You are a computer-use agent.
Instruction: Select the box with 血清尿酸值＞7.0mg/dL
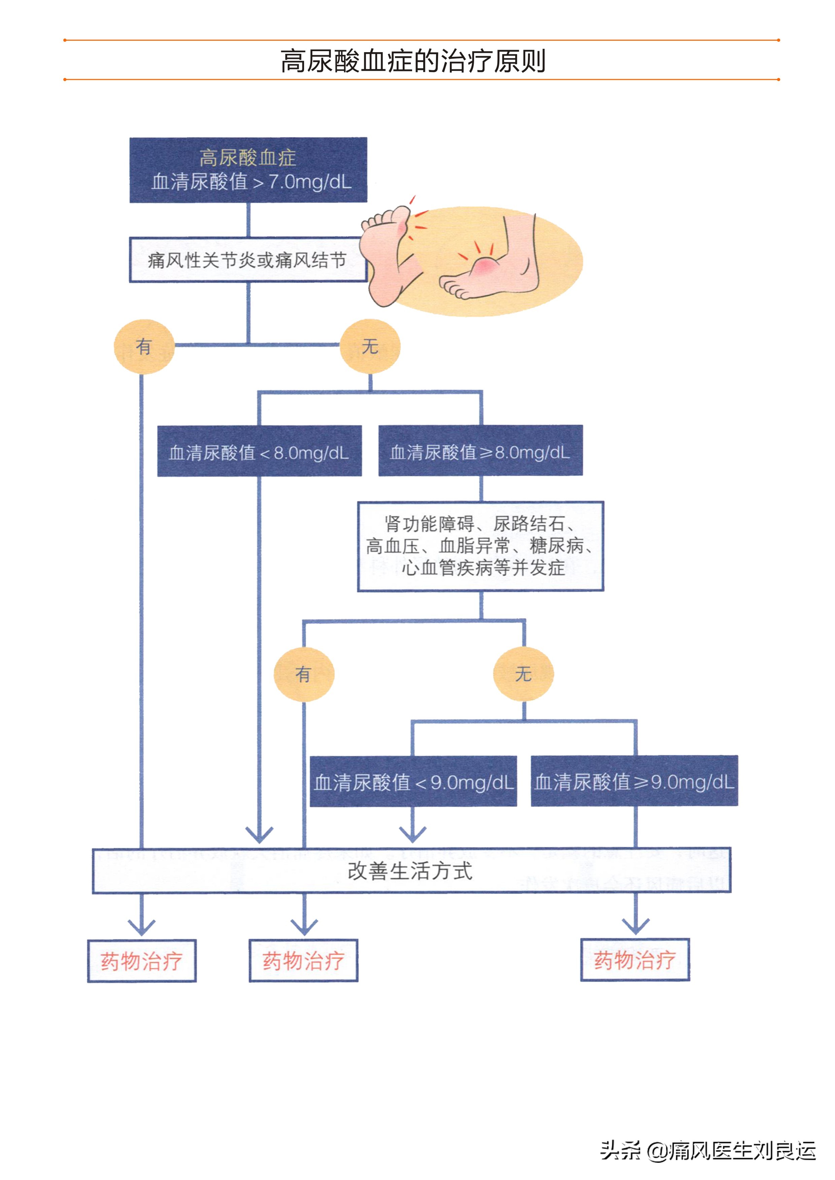pyautogui.click(x=248, y=170)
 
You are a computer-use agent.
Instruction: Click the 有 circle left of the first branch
pyautogui.click(x=144, y=346)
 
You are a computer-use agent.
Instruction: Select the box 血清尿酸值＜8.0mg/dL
pyautogui.click(x=259, y=452)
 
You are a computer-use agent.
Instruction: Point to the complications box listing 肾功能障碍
pyautogui.click(x=480, y=546)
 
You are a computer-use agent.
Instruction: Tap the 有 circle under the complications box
pyautogui.click(x=304, y=674)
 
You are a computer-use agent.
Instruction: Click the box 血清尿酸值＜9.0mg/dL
pyautogui.click(x=413, y=782)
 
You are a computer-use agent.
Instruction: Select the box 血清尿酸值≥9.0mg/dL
pyautogui.click(x=634, y=781)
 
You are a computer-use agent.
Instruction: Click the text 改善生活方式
pyautogui.click(x=410, y=870)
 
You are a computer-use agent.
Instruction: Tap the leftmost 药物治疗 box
pyautogui.click(x=142, y=961)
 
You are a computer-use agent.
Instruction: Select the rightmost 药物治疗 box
pyautogui.click(x=635, y=960)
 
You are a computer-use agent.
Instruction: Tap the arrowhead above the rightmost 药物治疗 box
pyautogui.click(x=635, y=926)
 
